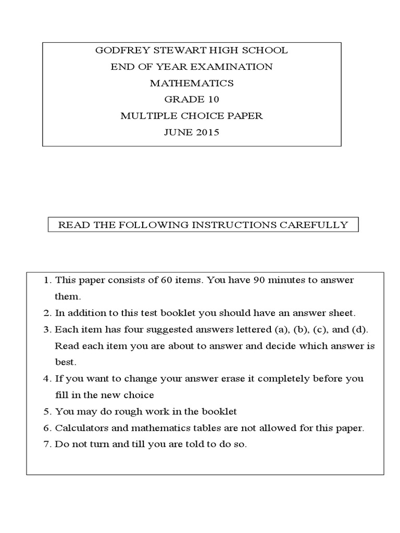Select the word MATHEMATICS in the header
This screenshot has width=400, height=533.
click(192, 83)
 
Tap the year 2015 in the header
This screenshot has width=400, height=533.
click(207, 132)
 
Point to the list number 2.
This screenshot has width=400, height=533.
click(47, 313)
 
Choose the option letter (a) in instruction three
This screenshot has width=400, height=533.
click(276, 330)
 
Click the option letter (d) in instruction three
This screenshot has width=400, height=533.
click(359, 330)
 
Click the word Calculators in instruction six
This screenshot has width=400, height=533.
click(80, 428)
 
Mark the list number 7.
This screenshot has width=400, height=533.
click(47, 445)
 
